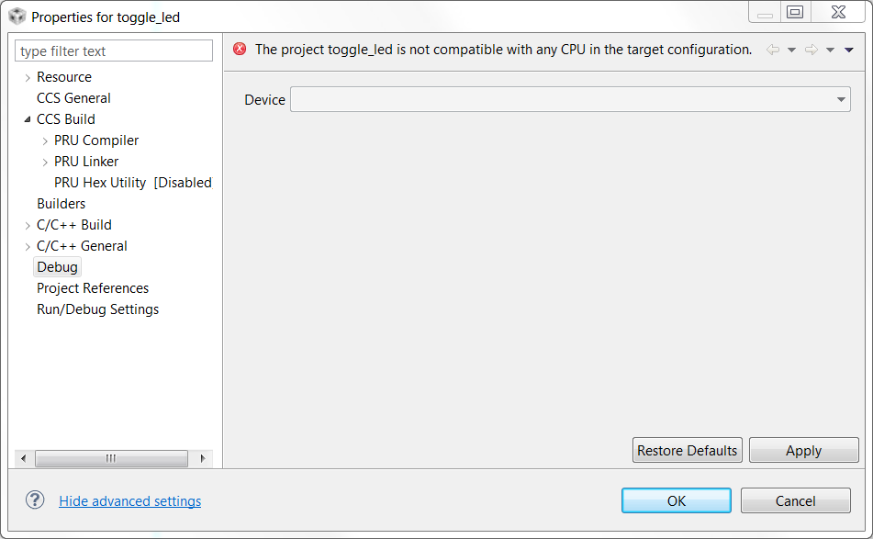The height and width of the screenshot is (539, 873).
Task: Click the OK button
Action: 676,500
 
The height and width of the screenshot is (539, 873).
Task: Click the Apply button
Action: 803,450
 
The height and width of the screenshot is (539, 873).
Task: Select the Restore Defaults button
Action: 688,450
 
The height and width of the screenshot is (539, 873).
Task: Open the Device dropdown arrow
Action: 841,100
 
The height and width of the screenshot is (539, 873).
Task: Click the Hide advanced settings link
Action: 129,501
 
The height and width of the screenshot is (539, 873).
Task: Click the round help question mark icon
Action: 35,500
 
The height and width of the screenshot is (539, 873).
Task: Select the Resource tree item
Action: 63,77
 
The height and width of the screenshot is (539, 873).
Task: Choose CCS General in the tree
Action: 73,98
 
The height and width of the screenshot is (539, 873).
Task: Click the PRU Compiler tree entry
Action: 96,140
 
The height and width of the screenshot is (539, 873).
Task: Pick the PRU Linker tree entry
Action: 86,162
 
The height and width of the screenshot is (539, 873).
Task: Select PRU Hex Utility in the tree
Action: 100,183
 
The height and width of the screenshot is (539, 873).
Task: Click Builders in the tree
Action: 61,204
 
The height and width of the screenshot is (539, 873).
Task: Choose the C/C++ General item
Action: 82,246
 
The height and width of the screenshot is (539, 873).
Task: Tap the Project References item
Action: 93,288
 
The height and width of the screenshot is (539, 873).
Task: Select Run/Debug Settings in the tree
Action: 97,309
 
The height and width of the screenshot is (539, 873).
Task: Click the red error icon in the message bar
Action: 240,50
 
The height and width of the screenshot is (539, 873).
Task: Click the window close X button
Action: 837,13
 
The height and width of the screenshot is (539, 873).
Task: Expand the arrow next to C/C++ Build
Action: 28,225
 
